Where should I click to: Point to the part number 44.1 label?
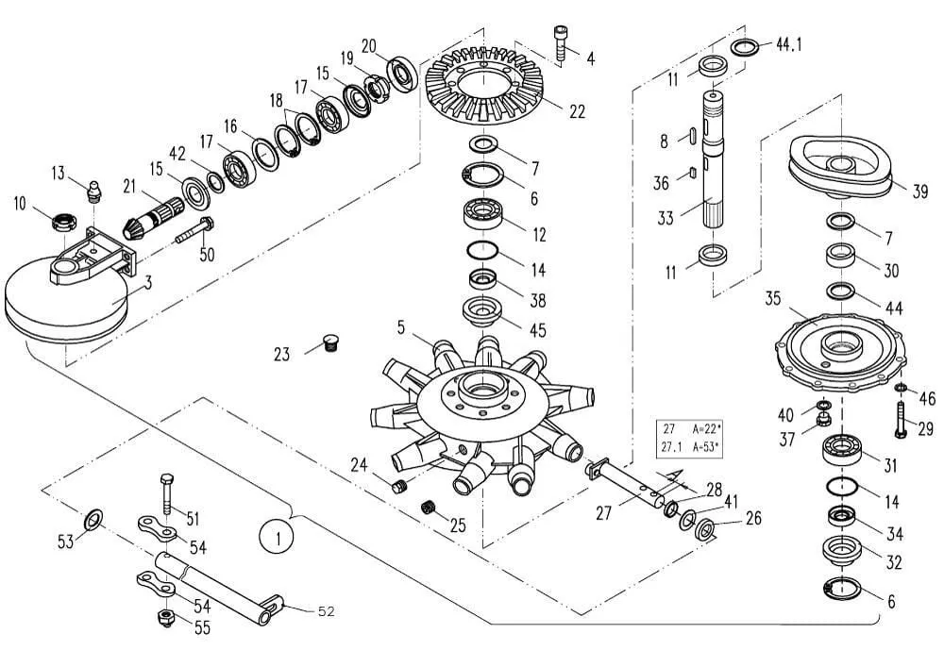(x=788, y=44)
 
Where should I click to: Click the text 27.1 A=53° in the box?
(x=692, y=447)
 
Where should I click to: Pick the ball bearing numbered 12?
(x=485, y=214)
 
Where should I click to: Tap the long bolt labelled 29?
(x=900, y=420)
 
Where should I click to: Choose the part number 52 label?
(x=325, y=611)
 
